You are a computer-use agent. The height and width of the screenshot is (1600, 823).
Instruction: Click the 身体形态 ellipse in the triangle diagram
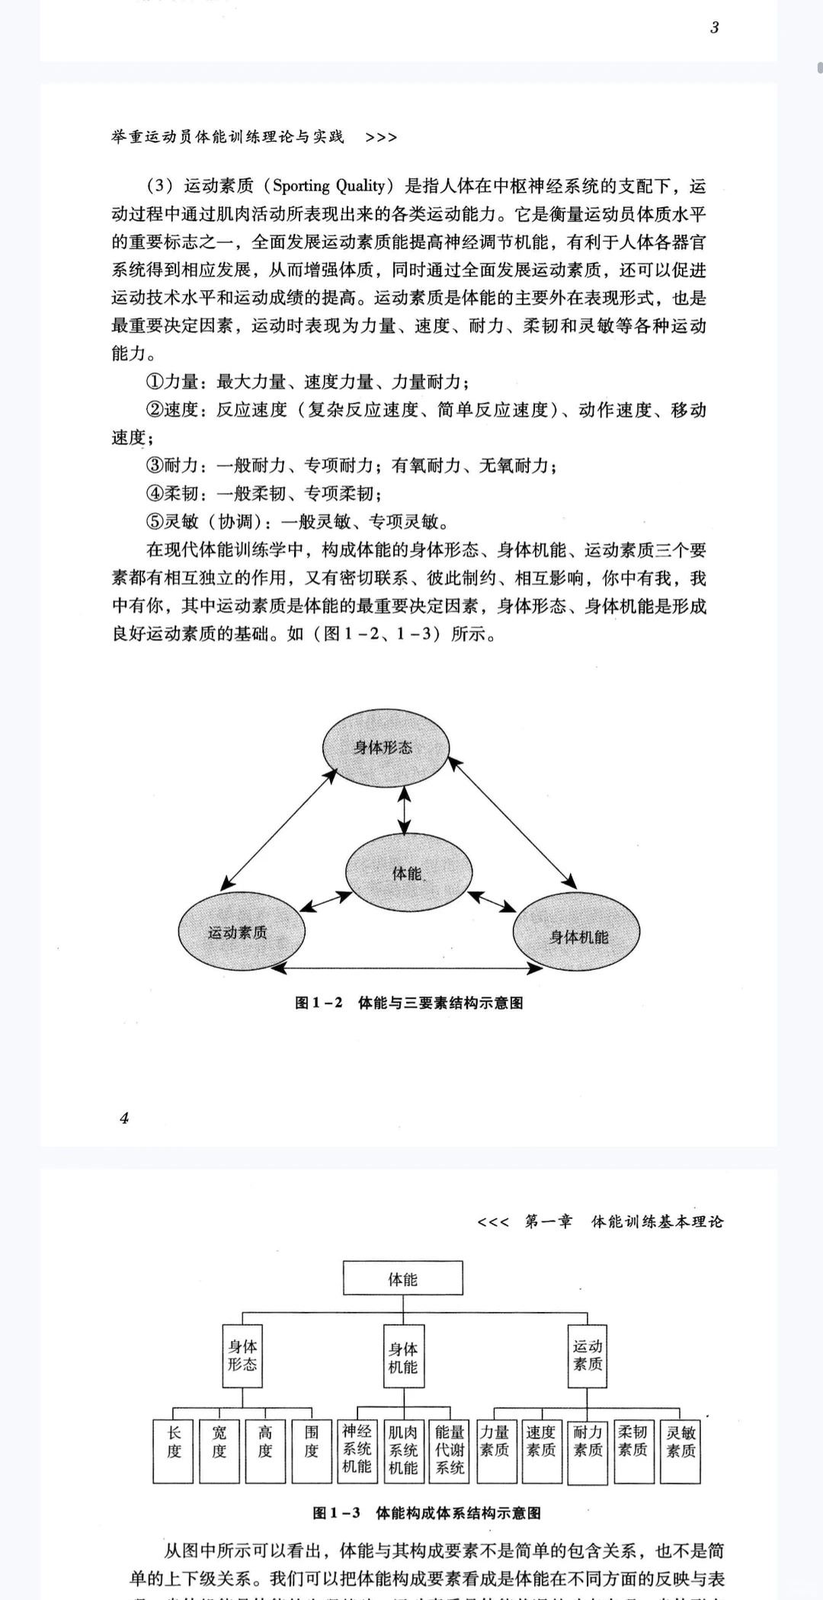[383, 747]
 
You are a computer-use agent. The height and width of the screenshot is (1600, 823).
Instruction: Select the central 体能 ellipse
[408, 872]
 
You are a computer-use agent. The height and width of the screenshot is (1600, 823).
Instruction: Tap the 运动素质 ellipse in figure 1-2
[241, 931]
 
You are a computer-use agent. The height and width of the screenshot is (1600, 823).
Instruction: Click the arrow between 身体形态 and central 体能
[404, 811]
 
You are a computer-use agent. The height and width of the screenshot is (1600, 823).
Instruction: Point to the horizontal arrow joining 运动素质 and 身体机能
[408, 968]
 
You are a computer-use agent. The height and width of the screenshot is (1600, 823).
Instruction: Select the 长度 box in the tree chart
[174, 1451]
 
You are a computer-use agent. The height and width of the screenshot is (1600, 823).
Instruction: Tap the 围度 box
[312, 1451]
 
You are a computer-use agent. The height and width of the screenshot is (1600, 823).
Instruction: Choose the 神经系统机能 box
[357, 1451]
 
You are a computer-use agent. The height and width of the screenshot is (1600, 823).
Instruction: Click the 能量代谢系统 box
[450, 1451]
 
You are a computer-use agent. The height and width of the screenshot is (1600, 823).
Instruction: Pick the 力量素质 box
[495, 1451]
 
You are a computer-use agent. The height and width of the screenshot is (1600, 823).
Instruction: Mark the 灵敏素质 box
[680, 1451]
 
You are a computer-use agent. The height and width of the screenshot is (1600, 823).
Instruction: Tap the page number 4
[124, 1118]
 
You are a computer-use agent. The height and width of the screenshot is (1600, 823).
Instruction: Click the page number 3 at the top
[714, 28]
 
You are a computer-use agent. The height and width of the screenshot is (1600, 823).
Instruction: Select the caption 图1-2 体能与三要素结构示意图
[409, 1003]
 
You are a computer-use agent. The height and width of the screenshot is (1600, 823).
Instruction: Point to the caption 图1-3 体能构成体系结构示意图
[427, 1512]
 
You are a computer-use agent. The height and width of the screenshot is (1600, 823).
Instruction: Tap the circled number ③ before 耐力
[155, 466]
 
